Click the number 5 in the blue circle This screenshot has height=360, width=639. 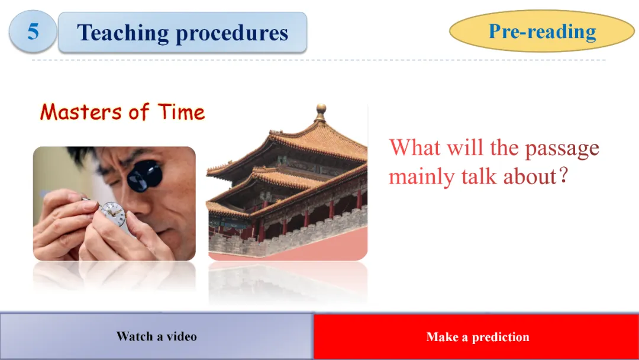33,31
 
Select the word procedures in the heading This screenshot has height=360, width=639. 232,33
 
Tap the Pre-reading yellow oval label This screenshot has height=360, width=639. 542,31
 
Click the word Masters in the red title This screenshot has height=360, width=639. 81,111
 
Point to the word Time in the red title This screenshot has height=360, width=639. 182,111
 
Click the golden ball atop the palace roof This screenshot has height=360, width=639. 321,109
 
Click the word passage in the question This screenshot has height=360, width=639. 562,149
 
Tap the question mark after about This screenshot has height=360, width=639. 563,175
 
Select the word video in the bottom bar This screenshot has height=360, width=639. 182,336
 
